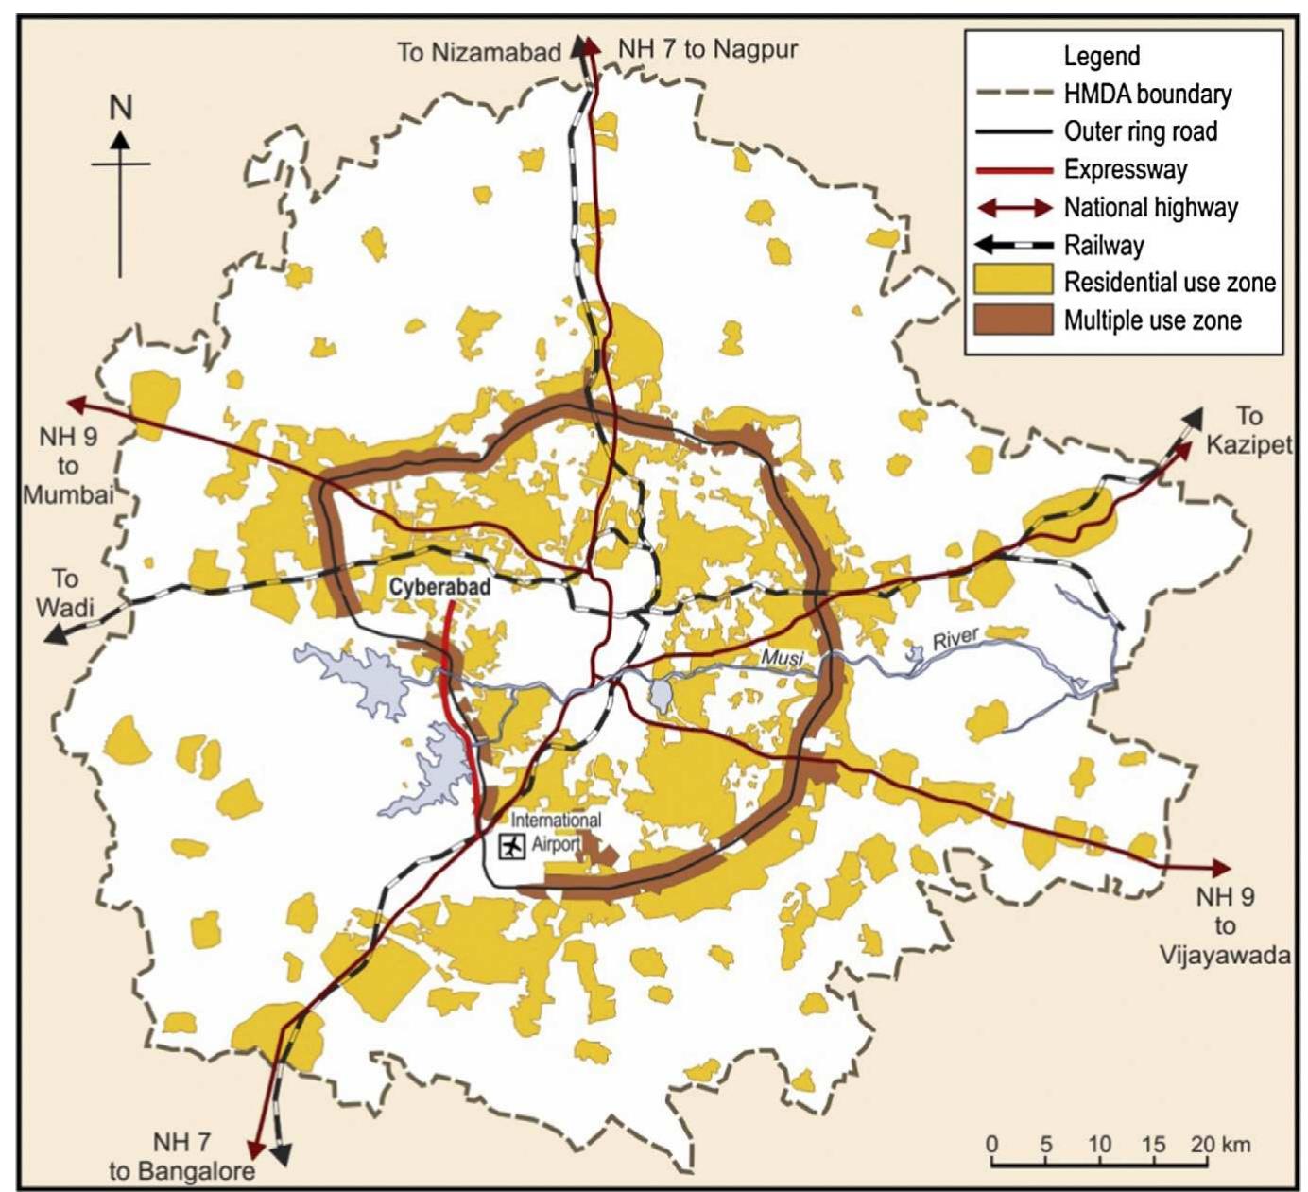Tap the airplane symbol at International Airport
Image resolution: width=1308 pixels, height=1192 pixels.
tap(512, 846)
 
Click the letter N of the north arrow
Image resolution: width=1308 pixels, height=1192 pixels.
tap(120, 108)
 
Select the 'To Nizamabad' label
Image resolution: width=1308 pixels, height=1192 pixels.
tap(479, 52)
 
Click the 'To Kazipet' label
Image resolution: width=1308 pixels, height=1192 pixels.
tap(1248, 430)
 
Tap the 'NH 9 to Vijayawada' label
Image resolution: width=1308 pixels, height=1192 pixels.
tap(1224, 925)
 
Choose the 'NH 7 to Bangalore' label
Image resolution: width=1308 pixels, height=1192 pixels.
tap(182, 1157)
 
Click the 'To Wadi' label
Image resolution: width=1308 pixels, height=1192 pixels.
tap(65, 592)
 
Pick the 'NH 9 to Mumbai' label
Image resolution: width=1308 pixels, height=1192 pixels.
tap(67, 465)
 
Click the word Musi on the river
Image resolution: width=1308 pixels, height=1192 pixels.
tap(782, 655)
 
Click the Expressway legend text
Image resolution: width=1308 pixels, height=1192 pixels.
tap(1125, 169)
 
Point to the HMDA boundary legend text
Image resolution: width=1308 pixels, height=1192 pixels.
tap(1147, 94)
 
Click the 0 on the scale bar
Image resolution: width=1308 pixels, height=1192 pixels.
tap(992, 1145)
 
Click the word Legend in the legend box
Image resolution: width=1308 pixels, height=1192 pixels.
tap(1102, 56)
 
